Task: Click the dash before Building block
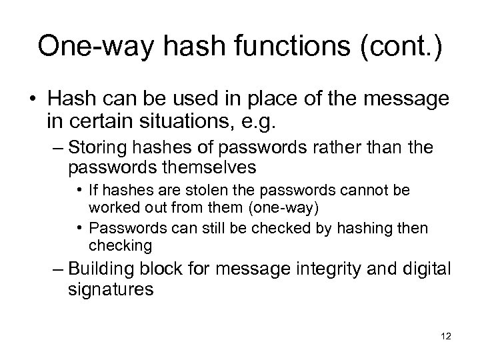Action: coord(58,271)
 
